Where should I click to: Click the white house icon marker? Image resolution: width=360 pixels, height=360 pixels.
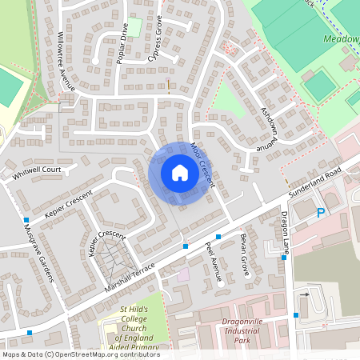pos(180,173)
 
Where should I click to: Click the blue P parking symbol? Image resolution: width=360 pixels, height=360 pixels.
pos(321,213)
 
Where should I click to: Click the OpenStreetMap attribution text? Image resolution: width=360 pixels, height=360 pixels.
pos(80,354)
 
